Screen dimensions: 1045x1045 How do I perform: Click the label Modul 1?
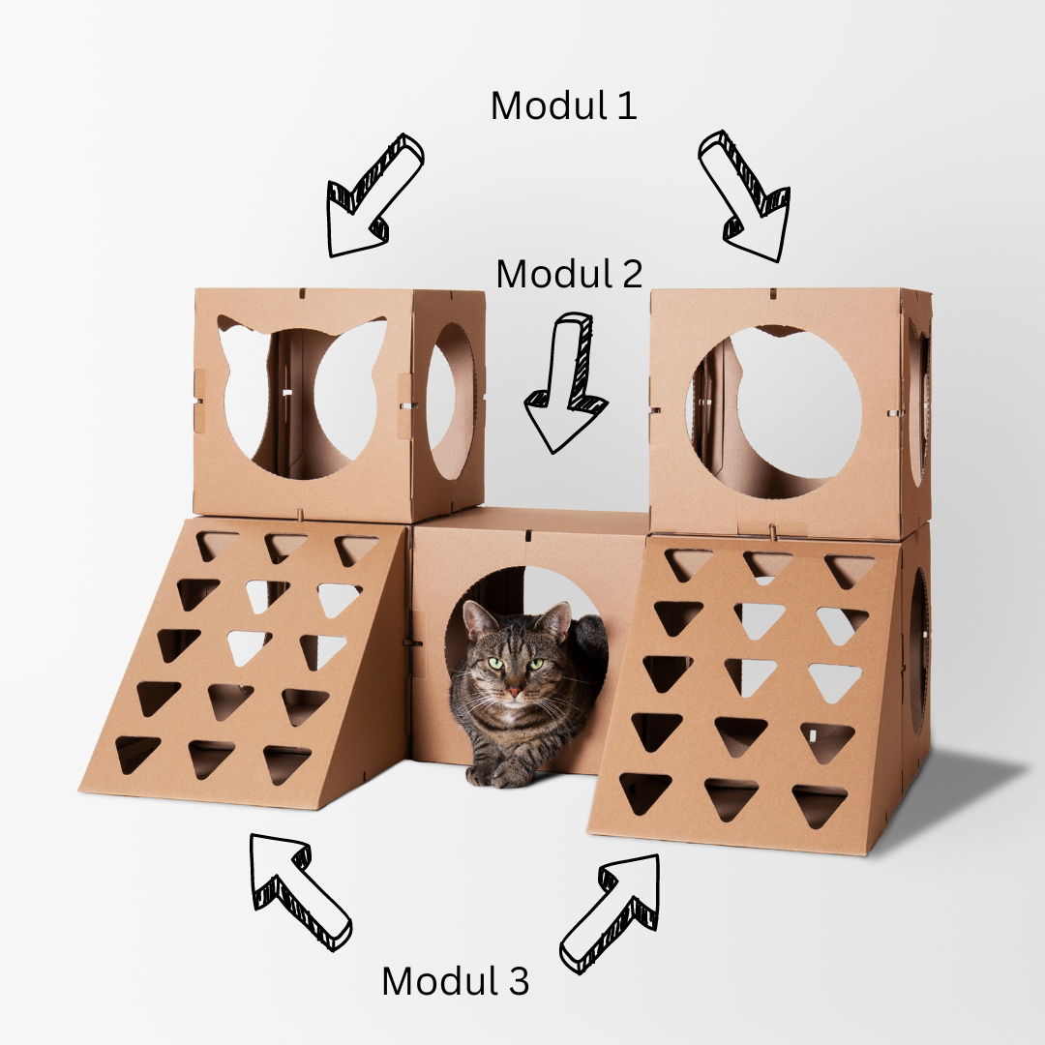[563, 105]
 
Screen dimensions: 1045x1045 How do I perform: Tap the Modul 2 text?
[569, 274]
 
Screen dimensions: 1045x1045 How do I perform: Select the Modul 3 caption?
[455, 980]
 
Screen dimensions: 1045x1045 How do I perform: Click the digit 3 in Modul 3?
[518, 981]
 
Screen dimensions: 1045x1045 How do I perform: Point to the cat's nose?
[513, 693]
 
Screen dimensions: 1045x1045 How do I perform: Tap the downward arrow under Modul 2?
[566, 383]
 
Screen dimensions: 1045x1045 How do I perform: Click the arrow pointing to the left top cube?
[373, 196]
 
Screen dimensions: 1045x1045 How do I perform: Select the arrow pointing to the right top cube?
[746, 194]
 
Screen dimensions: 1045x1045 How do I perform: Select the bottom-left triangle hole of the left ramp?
[135, 753]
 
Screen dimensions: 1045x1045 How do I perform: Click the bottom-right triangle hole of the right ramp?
[820, 804]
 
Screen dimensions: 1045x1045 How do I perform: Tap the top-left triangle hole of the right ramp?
[687, 564]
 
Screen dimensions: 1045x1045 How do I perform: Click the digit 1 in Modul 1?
[627, 106]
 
